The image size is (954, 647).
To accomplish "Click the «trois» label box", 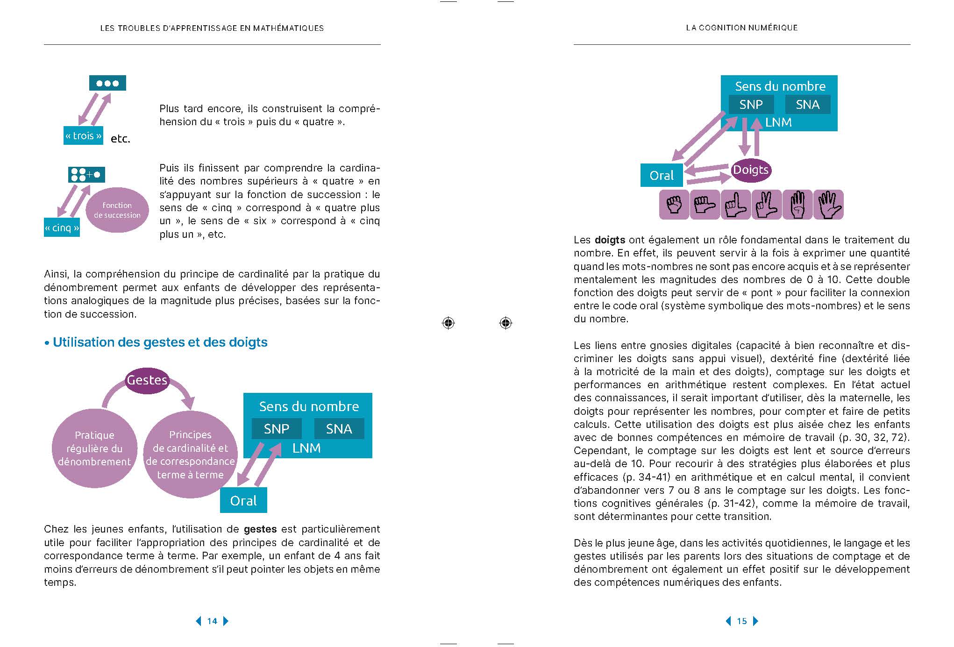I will [x=83, y=135].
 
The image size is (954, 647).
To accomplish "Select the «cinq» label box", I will [x=62, y=228].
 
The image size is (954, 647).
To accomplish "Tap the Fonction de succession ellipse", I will [x=117, y=210].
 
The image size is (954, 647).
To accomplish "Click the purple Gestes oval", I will [x=147, y=380].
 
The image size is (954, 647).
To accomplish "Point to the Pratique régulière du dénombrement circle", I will [x=94, y=448].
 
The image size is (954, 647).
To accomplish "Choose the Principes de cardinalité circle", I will [x=190, y=454].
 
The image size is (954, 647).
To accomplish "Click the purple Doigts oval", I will [x=750, y=170].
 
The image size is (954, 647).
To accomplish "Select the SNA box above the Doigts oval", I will [x=807, y=104].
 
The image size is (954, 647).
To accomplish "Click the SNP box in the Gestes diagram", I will [x=277, y=428].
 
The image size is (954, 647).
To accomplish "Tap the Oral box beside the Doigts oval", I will [x=662, y=175].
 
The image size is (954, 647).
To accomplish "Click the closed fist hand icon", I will [x=674, y=205].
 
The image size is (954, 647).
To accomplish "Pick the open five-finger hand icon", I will [x=828, y=205].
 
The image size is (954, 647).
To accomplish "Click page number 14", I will [x=212, y=621].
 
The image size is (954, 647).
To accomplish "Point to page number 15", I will [x=741, y=621].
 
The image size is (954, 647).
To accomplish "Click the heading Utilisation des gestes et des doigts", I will [x=160, y=342].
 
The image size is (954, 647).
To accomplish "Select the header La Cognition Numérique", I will [x=741, y=28].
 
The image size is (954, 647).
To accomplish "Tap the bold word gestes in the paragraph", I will [x=260, y=529].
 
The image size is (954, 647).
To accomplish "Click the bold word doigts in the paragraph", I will [x=610, y=240].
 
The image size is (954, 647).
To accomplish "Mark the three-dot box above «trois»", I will [x=107, y=83].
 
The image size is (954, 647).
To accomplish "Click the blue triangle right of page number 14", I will [x=226, y=621].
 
